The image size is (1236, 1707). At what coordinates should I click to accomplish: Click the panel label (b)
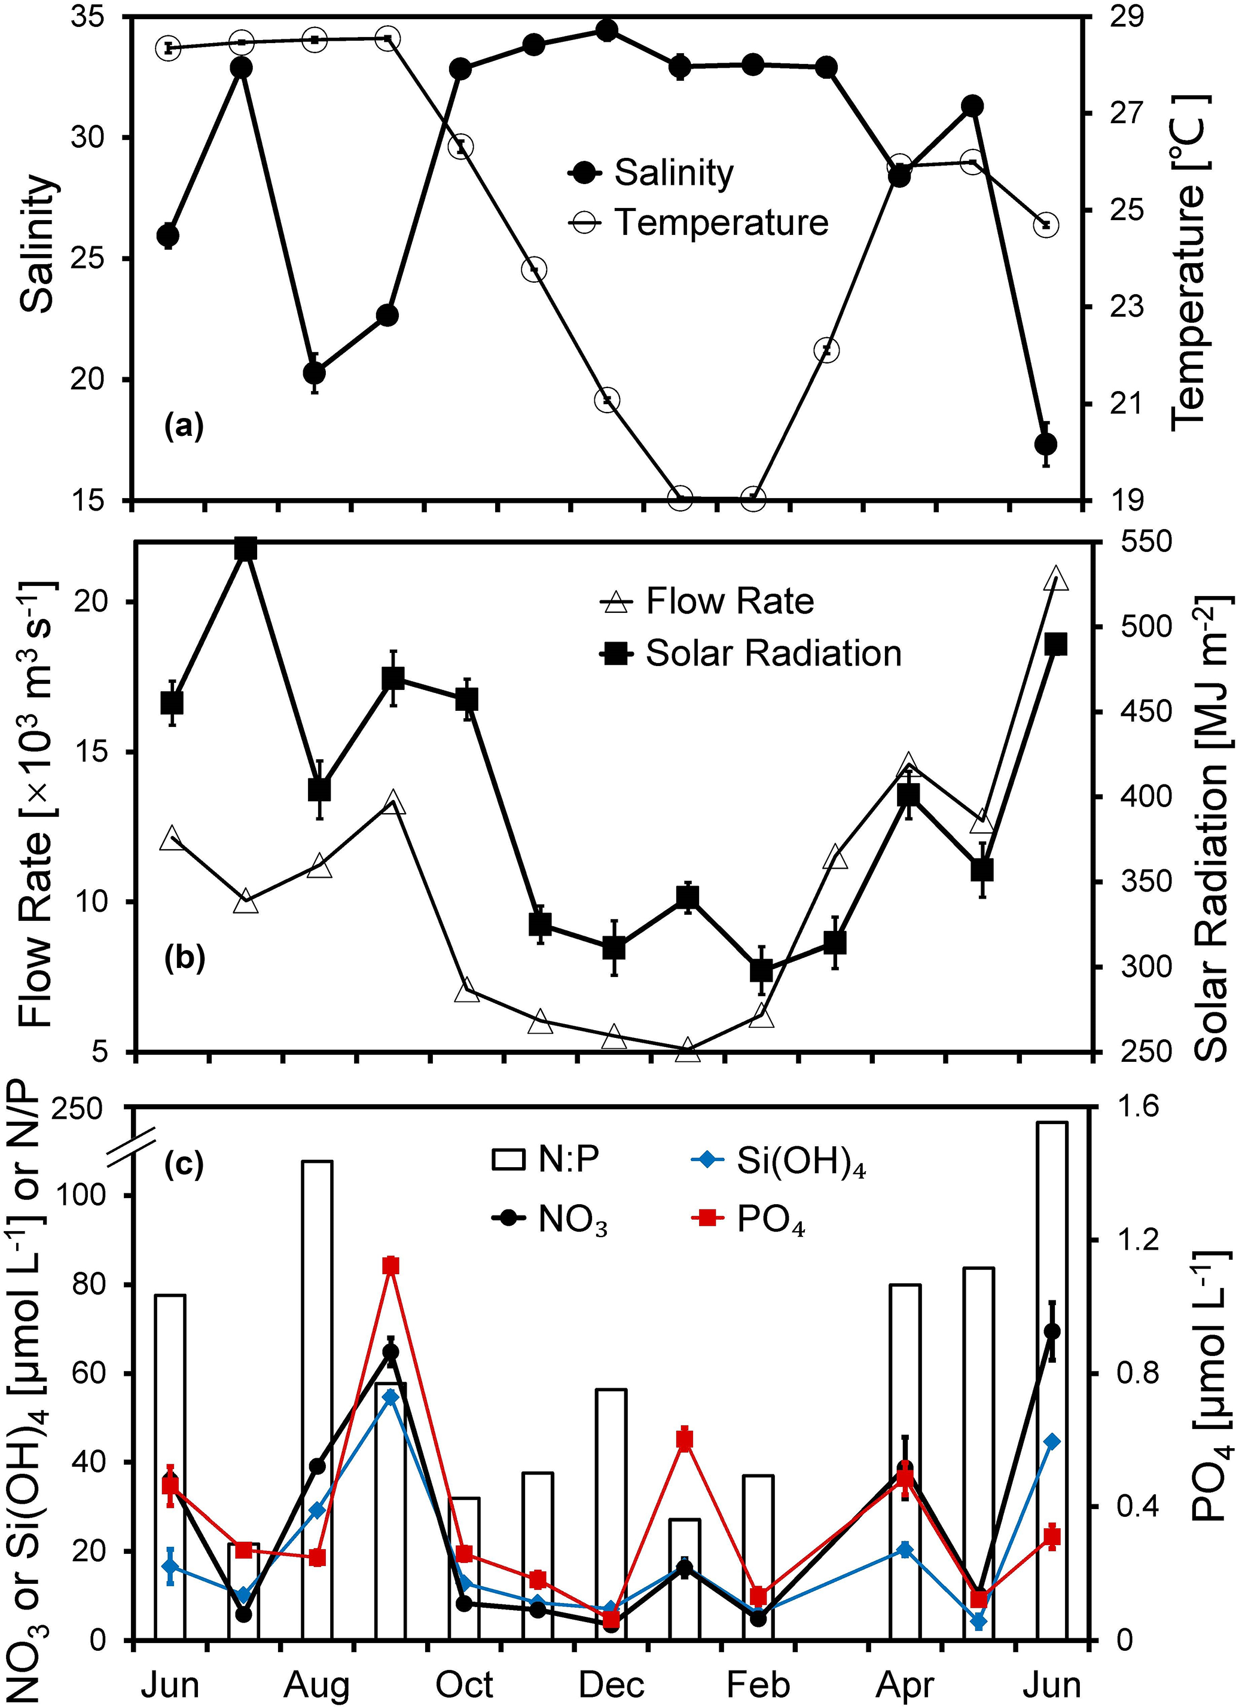(x=184, y=960)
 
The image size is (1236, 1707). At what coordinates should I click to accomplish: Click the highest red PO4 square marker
(x=390, y=1265)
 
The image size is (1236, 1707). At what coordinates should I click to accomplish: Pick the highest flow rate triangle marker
(x=1055, y=579)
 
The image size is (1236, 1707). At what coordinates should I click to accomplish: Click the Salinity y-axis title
(x=38, y=244)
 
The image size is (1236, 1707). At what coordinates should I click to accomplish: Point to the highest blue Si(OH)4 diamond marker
(x=390, y=1397)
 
